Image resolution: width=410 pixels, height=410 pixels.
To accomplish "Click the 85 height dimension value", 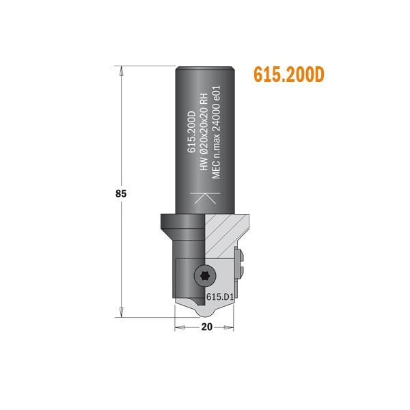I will (121, 193).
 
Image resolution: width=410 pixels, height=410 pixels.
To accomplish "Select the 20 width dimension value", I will (206, 327).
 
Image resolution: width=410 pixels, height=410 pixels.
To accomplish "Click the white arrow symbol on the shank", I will (205, 199).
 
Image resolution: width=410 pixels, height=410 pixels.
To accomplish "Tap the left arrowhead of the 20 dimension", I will (179, 327).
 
